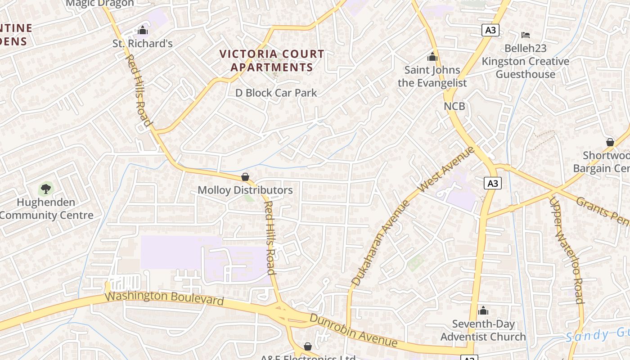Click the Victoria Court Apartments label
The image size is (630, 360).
pos(271,61)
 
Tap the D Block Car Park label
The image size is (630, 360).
pos(276,93)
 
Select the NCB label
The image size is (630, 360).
pos(454,106)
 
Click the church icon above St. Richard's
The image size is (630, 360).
pos(143,31)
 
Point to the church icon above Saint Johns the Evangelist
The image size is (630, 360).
pos(432,57)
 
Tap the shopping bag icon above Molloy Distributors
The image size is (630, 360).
pos(245,177)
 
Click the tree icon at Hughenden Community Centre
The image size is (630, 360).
pos(46,189)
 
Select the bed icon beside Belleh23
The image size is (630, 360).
pos(525,35)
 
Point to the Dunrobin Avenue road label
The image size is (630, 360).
pos(354,331)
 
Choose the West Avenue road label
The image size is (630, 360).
pos(447,168)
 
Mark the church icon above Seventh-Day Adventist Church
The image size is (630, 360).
pos(483,310)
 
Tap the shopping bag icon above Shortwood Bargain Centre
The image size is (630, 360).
pos(610,142)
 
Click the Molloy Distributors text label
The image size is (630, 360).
pos(245,190)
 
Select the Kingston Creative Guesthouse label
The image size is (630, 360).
pos(525,67)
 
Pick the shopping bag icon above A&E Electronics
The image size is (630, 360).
pos(308,346)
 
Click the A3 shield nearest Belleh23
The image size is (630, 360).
pos(490,30)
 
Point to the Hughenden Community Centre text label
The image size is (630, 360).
pos(46,208)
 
